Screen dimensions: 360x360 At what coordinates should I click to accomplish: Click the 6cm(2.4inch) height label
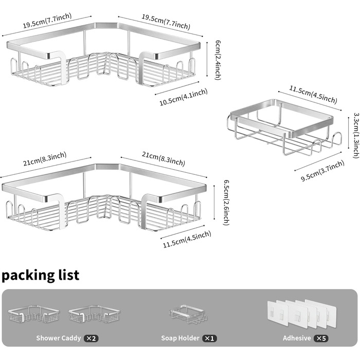(x=218, y=60)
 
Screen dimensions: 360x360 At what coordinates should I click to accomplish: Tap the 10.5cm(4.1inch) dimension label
(x=184, y=97)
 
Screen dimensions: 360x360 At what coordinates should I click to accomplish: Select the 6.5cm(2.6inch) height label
(x=226, y=202)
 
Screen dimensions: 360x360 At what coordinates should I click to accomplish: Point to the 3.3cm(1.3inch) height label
(x=356, y=135)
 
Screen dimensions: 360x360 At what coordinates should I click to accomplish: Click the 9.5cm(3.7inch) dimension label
(x=322, y=171)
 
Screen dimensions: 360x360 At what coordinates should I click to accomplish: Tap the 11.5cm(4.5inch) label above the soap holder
(x=313, y=94)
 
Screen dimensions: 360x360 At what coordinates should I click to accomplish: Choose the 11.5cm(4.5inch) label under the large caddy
(x=187, y=239)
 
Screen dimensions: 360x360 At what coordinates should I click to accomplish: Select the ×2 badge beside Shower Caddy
(x=91, y=338)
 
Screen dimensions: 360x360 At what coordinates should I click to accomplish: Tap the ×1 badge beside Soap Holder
(x=209, y=338)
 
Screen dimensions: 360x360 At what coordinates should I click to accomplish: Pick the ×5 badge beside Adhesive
(x=321, y=338)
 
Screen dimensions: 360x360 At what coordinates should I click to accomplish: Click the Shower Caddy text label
(x=59, y=338)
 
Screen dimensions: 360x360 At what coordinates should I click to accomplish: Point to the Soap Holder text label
(x=180, y=338)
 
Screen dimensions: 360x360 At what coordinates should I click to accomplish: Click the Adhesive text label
(x=297, y=338)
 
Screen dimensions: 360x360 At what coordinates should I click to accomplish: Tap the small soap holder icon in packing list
(x=188, y=314)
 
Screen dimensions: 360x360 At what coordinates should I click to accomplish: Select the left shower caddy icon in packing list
(x=33, y=314)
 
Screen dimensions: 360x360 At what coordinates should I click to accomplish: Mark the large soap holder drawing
(x=284, y=127)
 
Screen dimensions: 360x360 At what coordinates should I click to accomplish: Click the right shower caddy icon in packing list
(x=94, y=314)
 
